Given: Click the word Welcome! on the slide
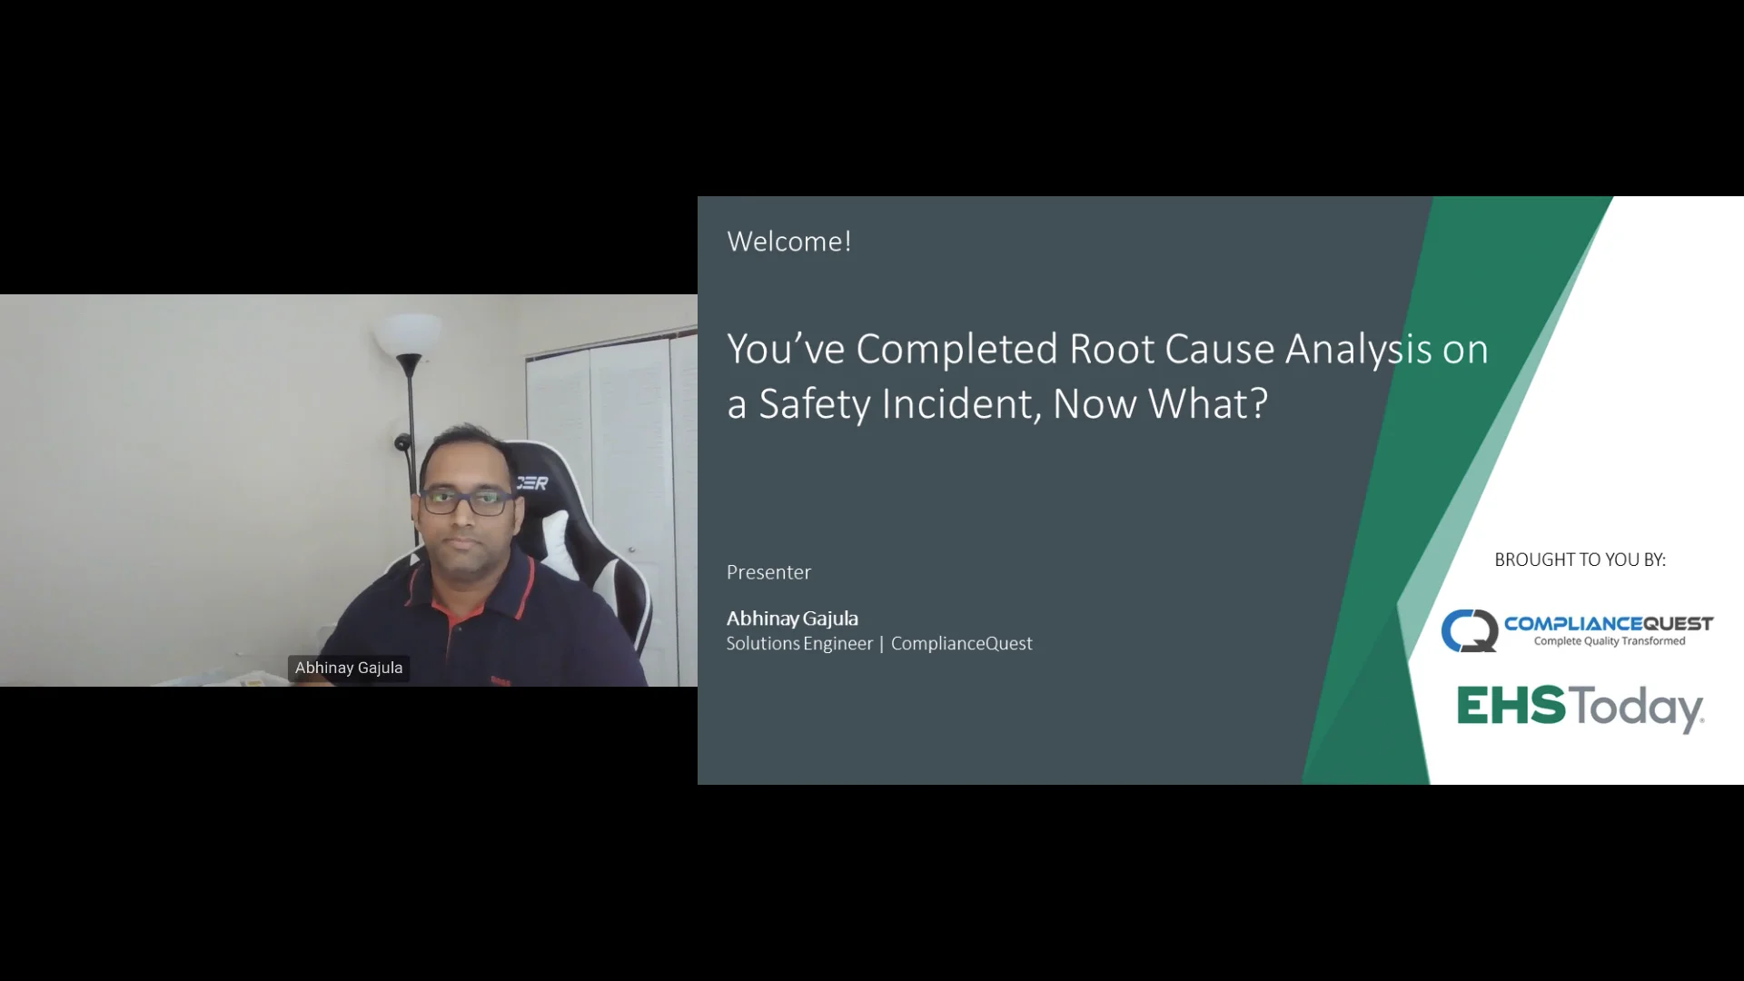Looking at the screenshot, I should (x=788, y=242).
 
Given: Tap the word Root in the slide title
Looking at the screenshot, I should (x=1111, y=349).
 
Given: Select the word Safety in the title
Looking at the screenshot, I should (x=814, y=404).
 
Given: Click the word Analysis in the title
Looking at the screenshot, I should (x=1358, y=349).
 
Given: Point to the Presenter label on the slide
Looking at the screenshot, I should (x=768, y=572).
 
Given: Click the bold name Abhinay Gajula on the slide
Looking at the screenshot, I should (x=792, y=619).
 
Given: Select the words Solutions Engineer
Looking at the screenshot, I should (x=799, y=644).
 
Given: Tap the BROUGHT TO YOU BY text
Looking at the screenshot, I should (x=1580, y=560).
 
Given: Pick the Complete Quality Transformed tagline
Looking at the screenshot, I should (x=1609, y=641).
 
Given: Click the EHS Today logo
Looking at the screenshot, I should (x=1580, y=708).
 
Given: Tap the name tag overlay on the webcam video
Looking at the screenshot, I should (x=349, y=668).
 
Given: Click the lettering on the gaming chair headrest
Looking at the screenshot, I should (x=532, y=483).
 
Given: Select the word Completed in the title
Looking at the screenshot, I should (x=956, y=349).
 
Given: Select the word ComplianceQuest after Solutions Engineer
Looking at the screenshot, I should (x=961, y=644).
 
